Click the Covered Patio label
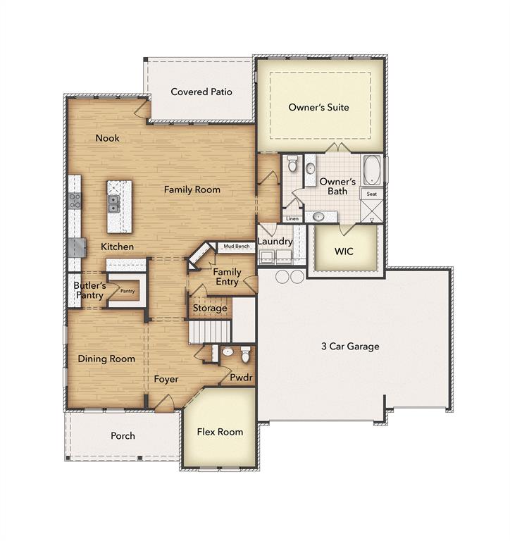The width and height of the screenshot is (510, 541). (201, 92)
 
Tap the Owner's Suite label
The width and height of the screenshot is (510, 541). (318, 107)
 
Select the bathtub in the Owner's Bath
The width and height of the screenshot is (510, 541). (371, 170)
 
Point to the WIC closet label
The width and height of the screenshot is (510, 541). (344, 251)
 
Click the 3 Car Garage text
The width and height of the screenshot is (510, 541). (350, 346)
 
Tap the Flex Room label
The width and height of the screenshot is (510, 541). (220, 432)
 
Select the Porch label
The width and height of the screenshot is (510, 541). (123, 436)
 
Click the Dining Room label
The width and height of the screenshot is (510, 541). (106, 359)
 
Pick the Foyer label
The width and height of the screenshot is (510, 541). (166, 379)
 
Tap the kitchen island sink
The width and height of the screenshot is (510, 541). (113, 204)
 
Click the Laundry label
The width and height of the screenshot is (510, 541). (275, 242)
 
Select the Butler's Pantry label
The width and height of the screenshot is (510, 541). (89, 290)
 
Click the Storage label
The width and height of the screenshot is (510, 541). (210, 308)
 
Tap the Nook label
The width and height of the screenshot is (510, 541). (108, 138)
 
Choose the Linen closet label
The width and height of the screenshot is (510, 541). (292, 219)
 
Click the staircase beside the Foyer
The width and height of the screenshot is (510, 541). (210, 330)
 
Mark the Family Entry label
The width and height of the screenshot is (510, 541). (227, 277)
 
